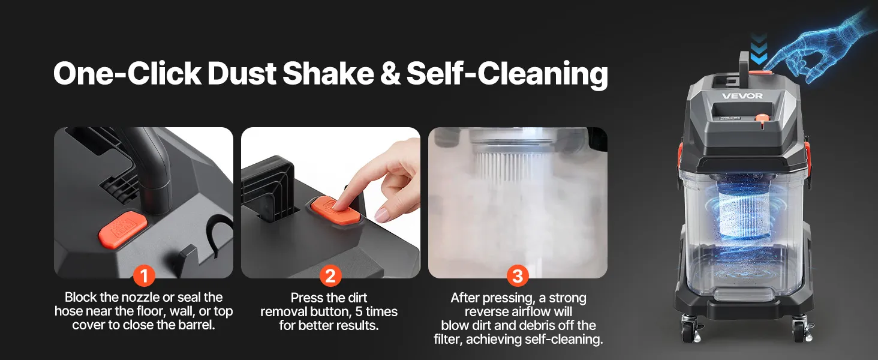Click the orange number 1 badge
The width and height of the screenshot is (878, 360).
[x=144, y=275]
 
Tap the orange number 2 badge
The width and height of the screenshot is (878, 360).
[x=330, y=275]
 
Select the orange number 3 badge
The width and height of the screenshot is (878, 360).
[x=518, y=275]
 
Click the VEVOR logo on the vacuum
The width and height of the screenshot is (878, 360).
[x=742, y=95]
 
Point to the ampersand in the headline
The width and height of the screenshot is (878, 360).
[x=390, y=74]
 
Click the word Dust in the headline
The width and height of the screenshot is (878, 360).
[x=242, y=74]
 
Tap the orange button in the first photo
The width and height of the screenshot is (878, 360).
[x=123, y=230]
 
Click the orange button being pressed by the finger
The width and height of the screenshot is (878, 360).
[x=333, y=211]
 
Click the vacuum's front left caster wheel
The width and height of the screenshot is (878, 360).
[x=690, y=329]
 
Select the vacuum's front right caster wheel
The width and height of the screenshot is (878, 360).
[x=801, y=329]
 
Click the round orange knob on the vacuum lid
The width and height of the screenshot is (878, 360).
[x=762, y=118]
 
